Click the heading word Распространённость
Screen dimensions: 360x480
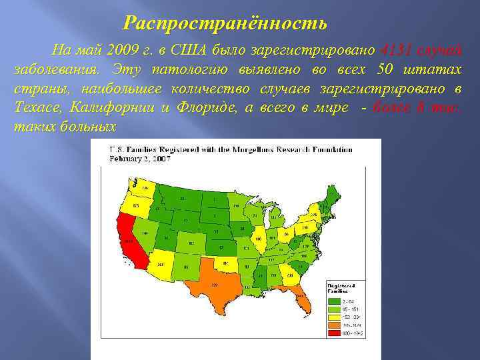point(225,25)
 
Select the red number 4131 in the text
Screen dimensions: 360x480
point(399,49)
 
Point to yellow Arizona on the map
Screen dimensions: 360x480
point(161,263)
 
